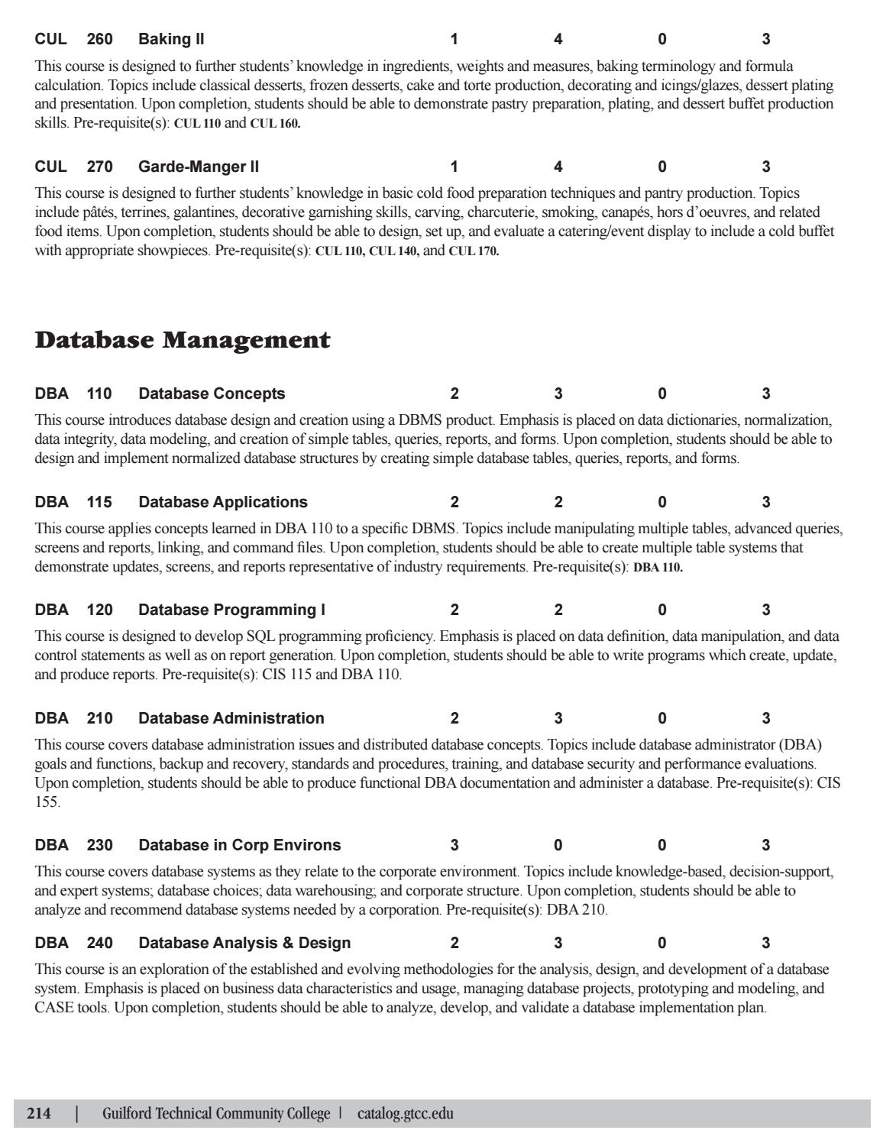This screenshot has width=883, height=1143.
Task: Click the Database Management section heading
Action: tap(183, 340)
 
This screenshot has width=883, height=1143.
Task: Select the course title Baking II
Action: tap(171, 39)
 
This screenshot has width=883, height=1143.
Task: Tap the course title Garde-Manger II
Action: tap(199, 167)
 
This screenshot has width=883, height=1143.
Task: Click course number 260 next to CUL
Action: tap(99, 39)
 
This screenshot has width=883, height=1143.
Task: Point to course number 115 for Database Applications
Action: tap(99, 502)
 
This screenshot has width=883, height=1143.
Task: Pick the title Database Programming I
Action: tap(231, 610)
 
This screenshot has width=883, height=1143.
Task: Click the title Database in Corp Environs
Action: tap(239, 845)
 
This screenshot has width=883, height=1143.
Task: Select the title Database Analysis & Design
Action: tap(244, 943)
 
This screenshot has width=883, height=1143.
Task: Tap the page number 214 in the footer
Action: tap(39, 1114)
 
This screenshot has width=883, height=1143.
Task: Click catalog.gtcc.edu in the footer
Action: tap(405, 1114)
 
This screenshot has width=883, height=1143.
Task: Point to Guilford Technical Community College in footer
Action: tap(216, 1114)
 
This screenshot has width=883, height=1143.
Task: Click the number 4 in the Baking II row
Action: tap(558, 39)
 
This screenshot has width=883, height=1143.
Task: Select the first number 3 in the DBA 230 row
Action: tap(454, 845)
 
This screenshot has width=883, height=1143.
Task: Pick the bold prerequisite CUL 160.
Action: tap(275, 124)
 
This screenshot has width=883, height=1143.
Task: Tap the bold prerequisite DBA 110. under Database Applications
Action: tap(658, 568)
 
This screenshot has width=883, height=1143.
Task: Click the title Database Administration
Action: tap(231, 718)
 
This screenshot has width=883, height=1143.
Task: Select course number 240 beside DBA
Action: tap(99, 943)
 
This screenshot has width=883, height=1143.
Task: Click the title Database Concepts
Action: tap(212, 393)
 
